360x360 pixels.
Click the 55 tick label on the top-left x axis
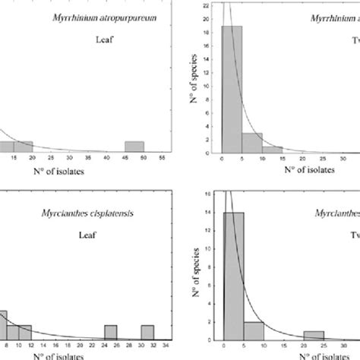tap(162, 160)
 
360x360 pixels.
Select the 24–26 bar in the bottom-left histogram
tap(111, 331)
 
